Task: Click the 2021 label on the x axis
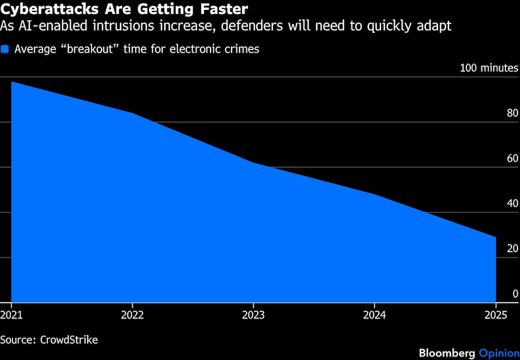pyautogui.click(x=11, y=315)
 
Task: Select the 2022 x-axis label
pyautogui.click(x=132, y=315)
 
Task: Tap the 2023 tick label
pyautogui.click(x=253, y=315)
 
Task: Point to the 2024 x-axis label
pyautogui.click(x=374, y=315)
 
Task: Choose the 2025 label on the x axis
pyautogui.click(x=496, y=315)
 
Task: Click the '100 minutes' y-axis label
pyautogui.click(x=489, y=68)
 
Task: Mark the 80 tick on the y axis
pyautogui.click(x=512, y=113)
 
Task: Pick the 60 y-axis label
pyautogui.click(x=512, y=158)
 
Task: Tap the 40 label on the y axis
pyautogui.click(x=512, y=203)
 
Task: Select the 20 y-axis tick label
pyautogui.click(x=512, y=249)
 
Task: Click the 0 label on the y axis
pyautogui.click(x=515, y=293)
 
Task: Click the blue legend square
pyautogui.click(x=5, y=49)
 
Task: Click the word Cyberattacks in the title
pyautogui.click(x=49, y=9)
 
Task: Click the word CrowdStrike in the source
pyautogui.click(x=69, y=340)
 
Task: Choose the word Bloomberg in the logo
pyautogui.click(x=447, y=353)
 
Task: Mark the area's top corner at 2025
pyautogui.click(x=496, y=237)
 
